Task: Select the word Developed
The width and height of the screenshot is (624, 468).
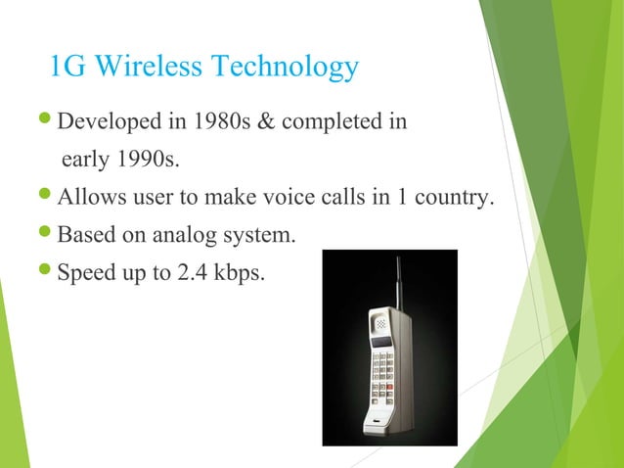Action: click(106, 123)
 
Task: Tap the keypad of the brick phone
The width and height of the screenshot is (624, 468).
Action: click(382, 378)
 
